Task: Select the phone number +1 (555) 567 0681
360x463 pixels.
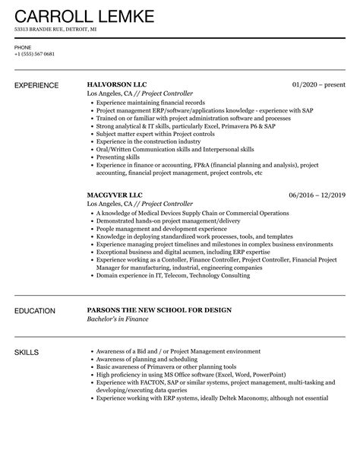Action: pos(35,55)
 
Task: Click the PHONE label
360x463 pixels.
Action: pos(23,47)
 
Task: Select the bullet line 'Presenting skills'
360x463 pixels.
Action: pos(118,157)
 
